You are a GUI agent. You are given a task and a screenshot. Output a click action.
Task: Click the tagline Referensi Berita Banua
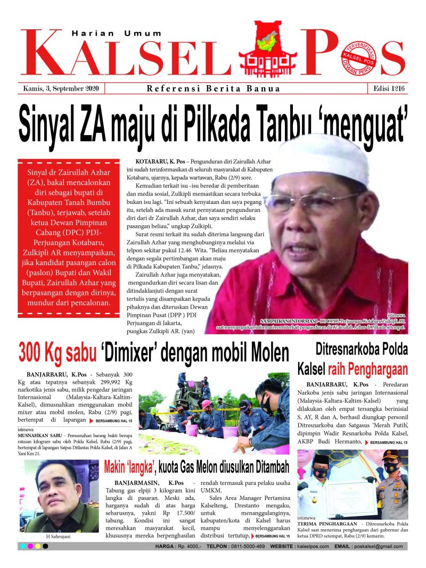(213, 89)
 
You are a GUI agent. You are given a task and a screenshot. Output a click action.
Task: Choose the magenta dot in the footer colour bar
(30, 547)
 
